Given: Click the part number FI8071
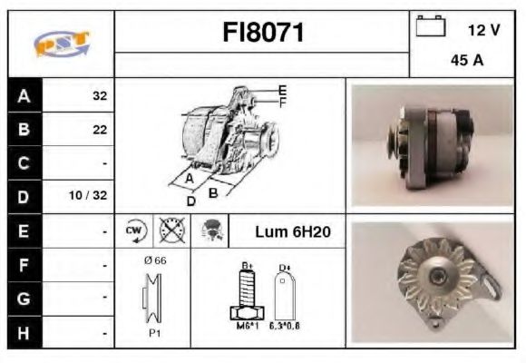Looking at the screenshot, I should pyautogui.click(x=263, y=33).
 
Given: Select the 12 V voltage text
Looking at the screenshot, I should pyautogui.click(x=483, y=30).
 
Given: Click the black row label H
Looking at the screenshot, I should pyautogui.click(x=23, y=331).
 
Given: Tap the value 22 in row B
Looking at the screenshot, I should pyautogui.click(x=99, y=130).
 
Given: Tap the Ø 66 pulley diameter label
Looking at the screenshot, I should pyautogui.click(x=154, y=261).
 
